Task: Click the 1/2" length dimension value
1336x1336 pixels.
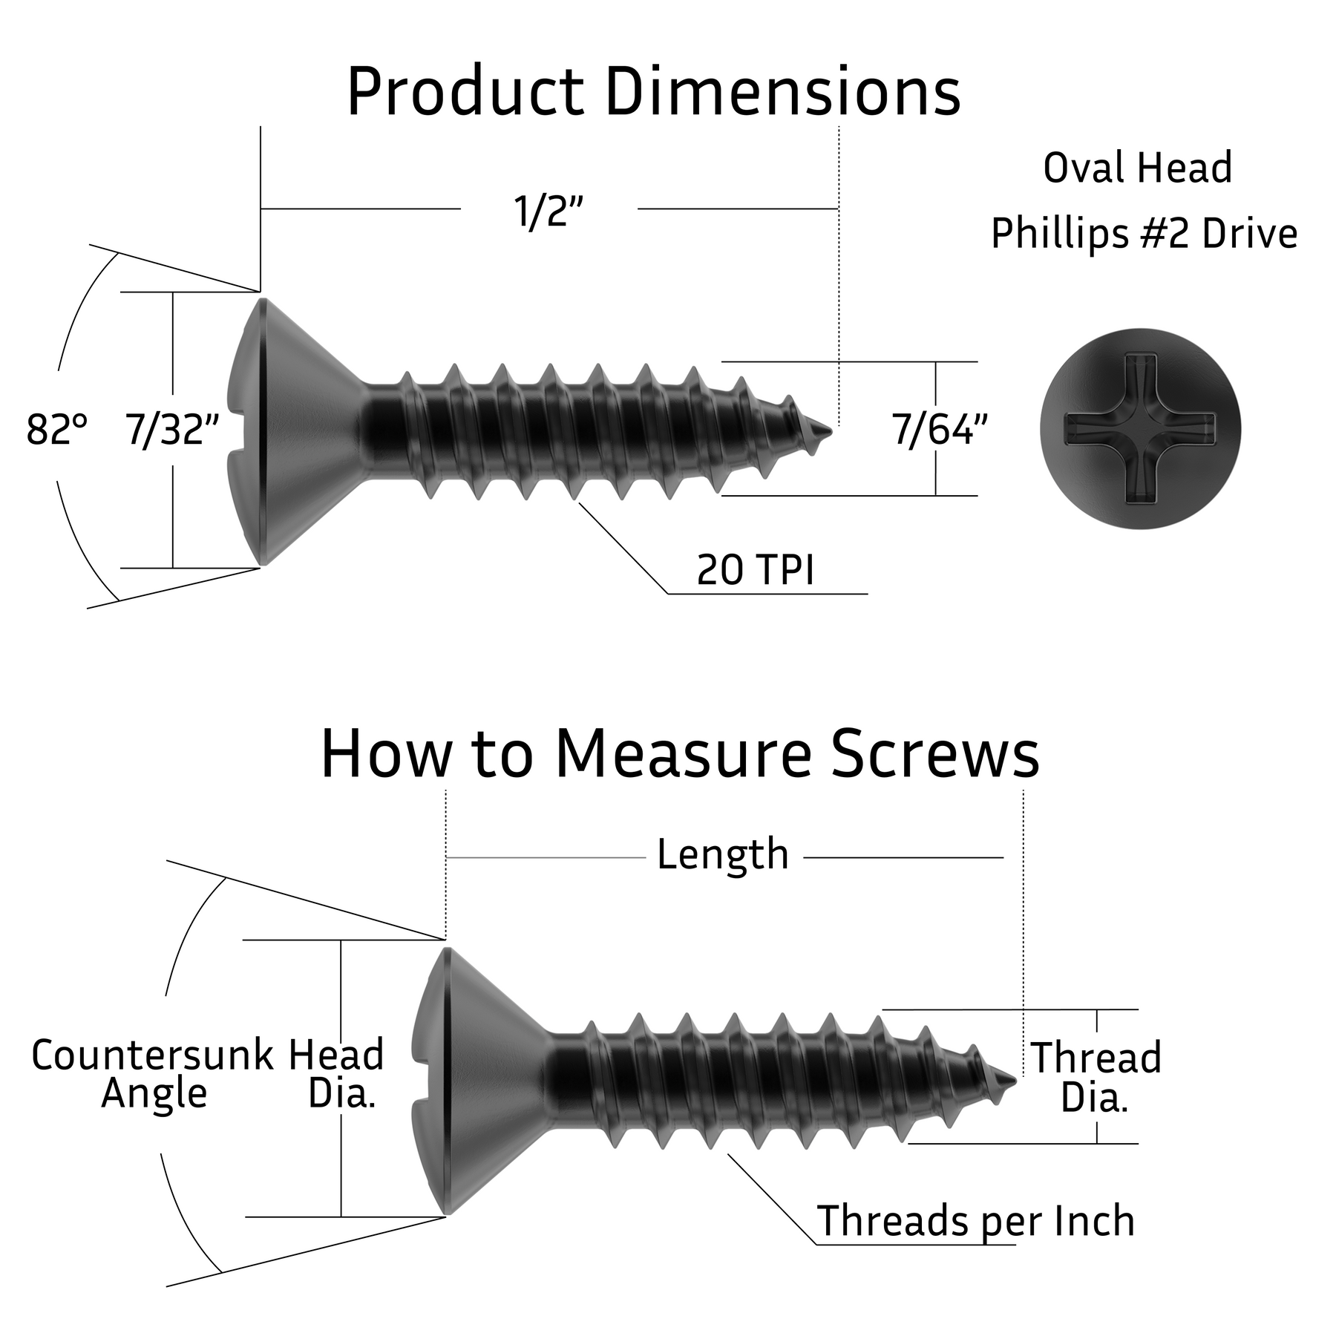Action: coord(549,212)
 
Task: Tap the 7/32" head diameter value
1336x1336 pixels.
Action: coord(172,430)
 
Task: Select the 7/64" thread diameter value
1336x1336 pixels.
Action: coord(940,430)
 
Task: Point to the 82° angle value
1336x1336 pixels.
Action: coord(56,430)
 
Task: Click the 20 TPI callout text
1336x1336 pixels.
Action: coord(755,570)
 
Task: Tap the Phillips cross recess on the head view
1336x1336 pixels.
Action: coord(1140,429)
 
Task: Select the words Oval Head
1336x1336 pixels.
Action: coord(1138,168)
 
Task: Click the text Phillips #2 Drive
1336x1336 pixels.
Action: coord(1144,234)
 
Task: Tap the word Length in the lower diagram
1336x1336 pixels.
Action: coord(722,854)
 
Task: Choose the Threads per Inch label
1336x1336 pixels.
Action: coord(975,1221)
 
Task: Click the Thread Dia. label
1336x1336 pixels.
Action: coord(1096,1078)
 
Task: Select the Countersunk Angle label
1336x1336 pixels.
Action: coord(153,1074)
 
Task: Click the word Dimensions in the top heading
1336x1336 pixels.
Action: coord(783,92)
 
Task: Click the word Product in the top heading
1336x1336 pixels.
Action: coord(465,92)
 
